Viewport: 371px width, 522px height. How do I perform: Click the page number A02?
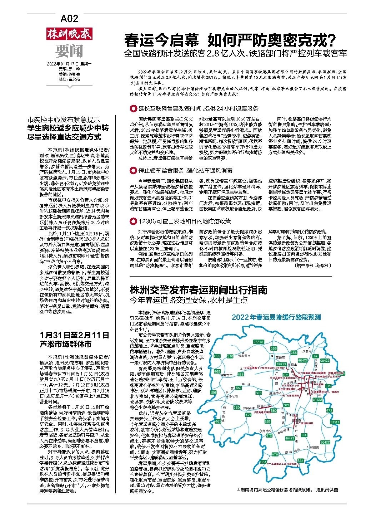(69, 18)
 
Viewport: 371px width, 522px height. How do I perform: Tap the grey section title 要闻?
(69, 51)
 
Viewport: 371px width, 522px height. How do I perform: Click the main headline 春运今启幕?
(162, 41)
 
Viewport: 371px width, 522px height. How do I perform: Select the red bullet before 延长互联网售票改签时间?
(133, 109)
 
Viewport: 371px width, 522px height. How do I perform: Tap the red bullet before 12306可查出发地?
(133, 221)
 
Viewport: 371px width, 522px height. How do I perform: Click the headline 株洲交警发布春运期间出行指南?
(198, 289)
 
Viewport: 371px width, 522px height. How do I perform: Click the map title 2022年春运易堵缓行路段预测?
(276, 317)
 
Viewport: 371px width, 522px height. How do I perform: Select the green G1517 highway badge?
(335, 422)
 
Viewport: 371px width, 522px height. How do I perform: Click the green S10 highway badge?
(230, 356)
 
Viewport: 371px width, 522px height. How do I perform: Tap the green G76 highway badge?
(274, 454)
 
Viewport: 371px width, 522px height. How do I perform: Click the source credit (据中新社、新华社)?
(313, 266)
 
